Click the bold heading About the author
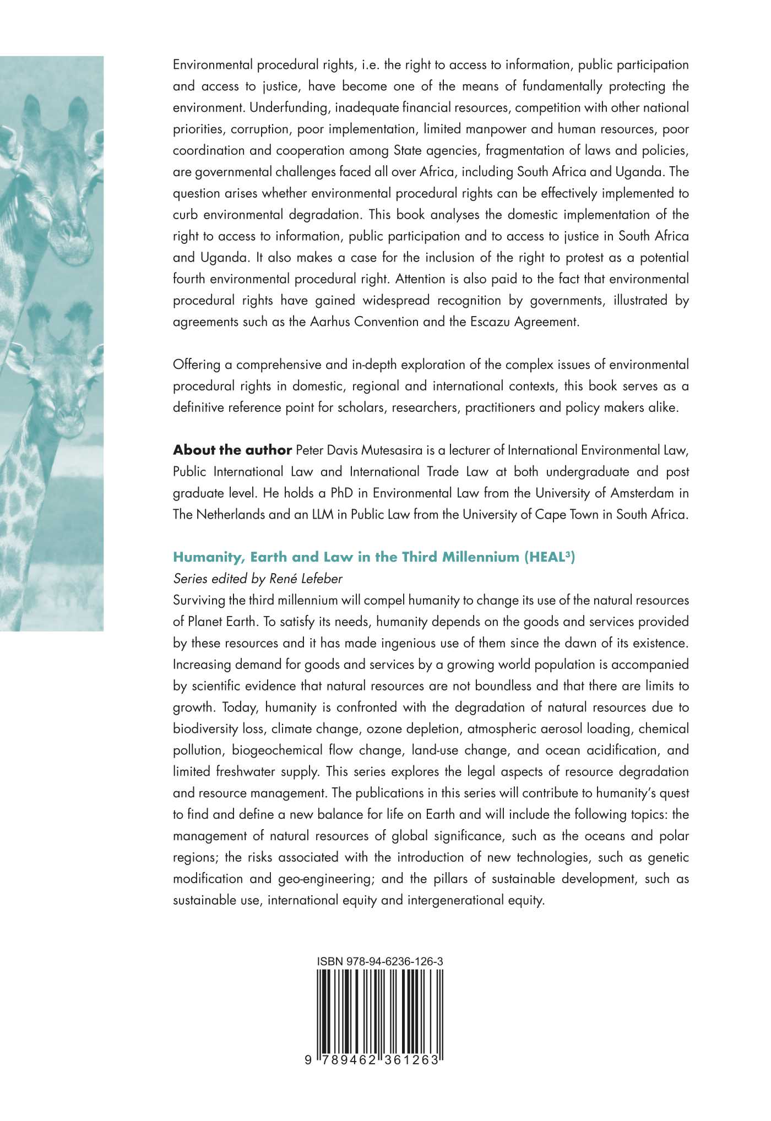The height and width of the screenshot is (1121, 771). [x=232, y=450]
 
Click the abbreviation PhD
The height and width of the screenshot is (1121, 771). [x=341, y=493]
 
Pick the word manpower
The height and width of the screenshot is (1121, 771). [x=492, y=129]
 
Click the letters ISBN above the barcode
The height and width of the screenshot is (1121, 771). [x=329, y=962]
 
